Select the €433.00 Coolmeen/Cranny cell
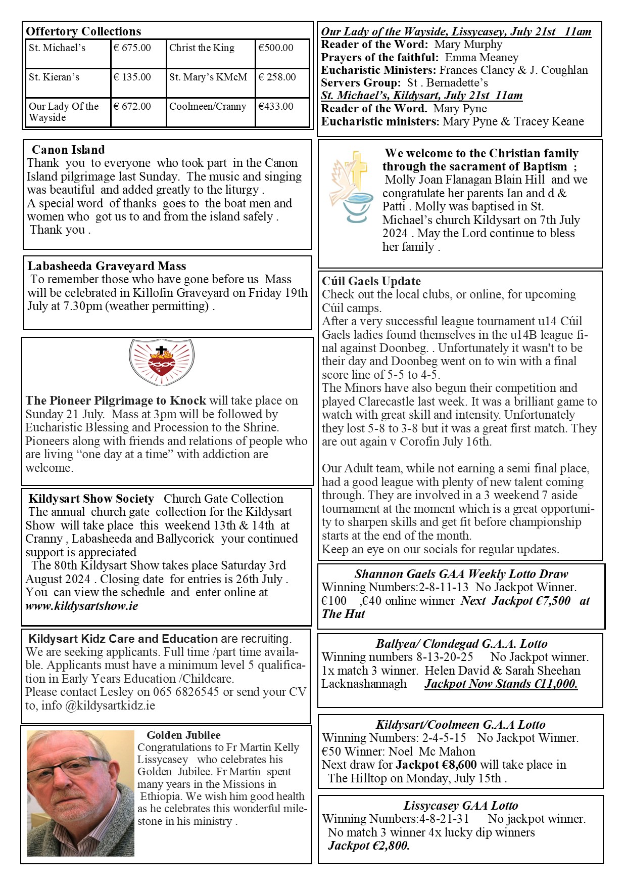pyautogui.click(x=276, y=107)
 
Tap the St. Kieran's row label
pyautogui.click(x=54, y=77)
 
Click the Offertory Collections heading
pyautogui.click(x=83, y=31)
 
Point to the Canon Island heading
pyautogui.click(x=68, y=150)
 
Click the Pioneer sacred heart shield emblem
pyautogui.click(x=161, y=362)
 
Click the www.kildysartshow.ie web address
pyautogui.click(x=81, y=606)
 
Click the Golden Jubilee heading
pyautogui.click(x=183, y=735)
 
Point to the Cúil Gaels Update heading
pyautogui.click(x=371, y=281)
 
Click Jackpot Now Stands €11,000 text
pyautogui.click(x=501, y=684)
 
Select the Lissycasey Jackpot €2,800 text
pyautogui.click(x=369, y=846)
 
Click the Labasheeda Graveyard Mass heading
pyautogui.click(x=107, y=266)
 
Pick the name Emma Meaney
pyautogui.click(x=482, y=58)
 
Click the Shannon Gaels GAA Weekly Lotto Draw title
pyautogui.click(x=461, y=574)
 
